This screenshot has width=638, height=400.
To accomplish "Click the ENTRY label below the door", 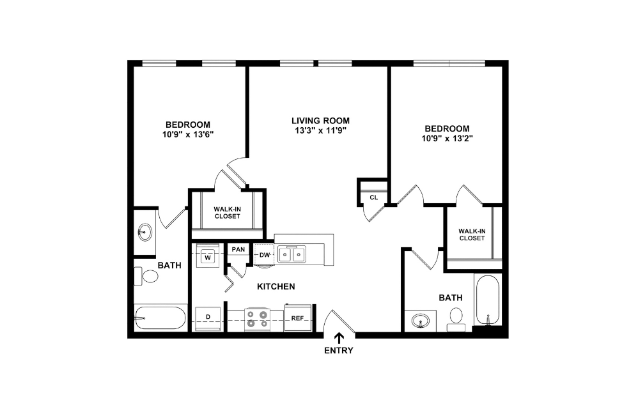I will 338,350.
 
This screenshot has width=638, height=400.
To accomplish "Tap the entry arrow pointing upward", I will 338,338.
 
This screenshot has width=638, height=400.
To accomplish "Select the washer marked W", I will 207,257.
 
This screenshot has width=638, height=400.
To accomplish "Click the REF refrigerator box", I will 297,318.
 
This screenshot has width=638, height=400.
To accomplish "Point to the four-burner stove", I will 257,318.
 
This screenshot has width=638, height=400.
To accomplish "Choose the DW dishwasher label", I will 263,256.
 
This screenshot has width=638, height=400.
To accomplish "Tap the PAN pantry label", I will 238,249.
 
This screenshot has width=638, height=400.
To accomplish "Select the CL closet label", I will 373,197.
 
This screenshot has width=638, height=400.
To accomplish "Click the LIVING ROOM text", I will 320,120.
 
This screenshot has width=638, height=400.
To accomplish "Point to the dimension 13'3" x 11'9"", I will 320,131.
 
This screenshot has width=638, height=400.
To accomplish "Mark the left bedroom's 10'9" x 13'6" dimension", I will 188,135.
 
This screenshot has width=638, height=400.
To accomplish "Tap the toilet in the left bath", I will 147,277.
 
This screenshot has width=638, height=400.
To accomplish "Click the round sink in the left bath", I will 145,231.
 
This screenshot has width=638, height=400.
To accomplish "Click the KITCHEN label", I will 276,287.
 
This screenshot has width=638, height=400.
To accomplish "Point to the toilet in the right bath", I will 456,318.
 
